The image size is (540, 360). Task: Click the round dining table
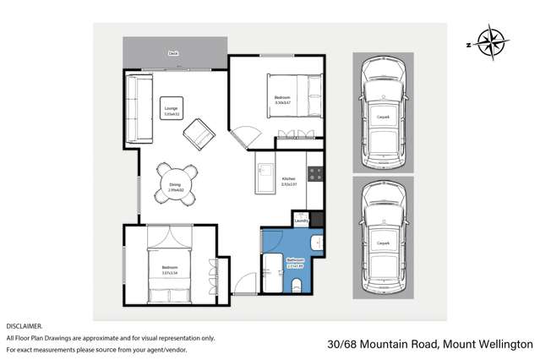(x=175, y=181)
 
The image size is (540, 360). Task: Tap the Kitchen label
(x=289, y=180)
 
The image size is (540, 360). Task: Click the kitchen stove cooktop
(x=315, y=174)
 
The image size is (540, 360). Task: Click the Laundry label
(x=302, y=222)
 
